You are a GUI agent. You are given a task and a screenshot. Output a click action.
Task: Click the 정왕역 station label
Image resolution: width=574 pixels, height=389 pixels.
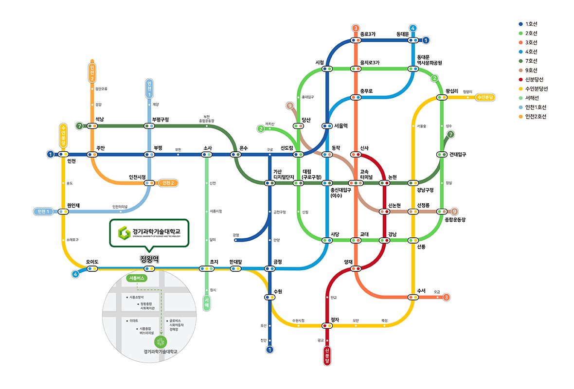pos(149,258)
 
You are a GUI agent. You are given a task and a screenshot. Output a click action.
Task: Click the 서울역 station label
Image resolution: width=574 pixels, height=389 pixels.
pos(341,125)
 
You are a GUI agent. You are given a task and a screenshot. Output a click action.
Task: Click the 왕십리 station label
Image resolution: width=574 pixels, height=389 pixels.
pos(452,91)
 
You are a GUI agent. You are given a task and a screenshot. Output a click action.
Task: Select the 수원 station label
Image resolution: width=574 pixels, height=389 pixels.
pos(278,291)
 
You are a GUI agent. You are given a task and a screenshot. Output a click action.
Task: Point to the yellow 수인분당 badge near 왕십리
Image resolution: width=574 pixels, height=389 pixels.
pos(485,97)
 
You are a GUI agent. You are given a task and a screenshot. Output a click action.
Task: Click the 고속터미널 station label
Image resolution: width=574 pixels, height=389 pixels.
pos(366,175)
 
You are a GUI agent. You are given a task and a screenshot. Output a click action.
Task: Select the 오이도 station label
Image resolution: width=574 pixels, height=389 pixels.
pos(92,262)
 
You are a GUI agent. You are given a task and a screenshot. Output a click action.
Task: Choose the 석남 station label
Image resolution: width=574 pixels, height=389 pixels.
pos(100,119)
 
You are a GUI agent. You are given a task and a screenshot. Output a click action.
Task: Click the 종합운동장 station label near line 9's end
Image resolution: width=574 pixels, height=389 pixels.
pos(455,220)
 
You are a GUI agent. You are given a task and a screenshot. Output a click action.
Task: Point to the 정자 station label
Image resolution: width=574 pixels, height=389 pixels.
pos(334,319)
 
